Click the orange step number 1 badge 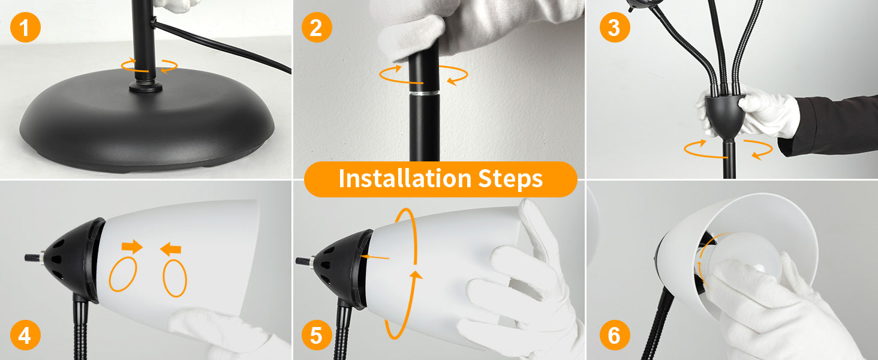tap(25, 28)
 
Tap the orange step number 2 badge tap(317, 28)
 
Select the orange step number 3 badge tap(615, 28)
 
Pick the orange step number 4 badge tap(25, 335)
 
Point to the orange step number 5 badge tap(317, 335)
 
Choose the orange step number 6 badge tap(615, 335)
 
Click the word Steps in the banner tap(510, 179)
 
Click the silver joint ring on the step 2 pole tap(424, 94)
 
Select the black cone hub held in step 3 tap(725, 116)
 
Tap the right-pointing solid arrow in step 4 tap(132, 246)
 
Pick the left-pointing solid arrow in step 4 tap(170, 249)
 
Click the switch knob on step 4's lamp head tap(35, 257)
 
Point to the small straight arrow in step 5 tap(374, 257)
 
